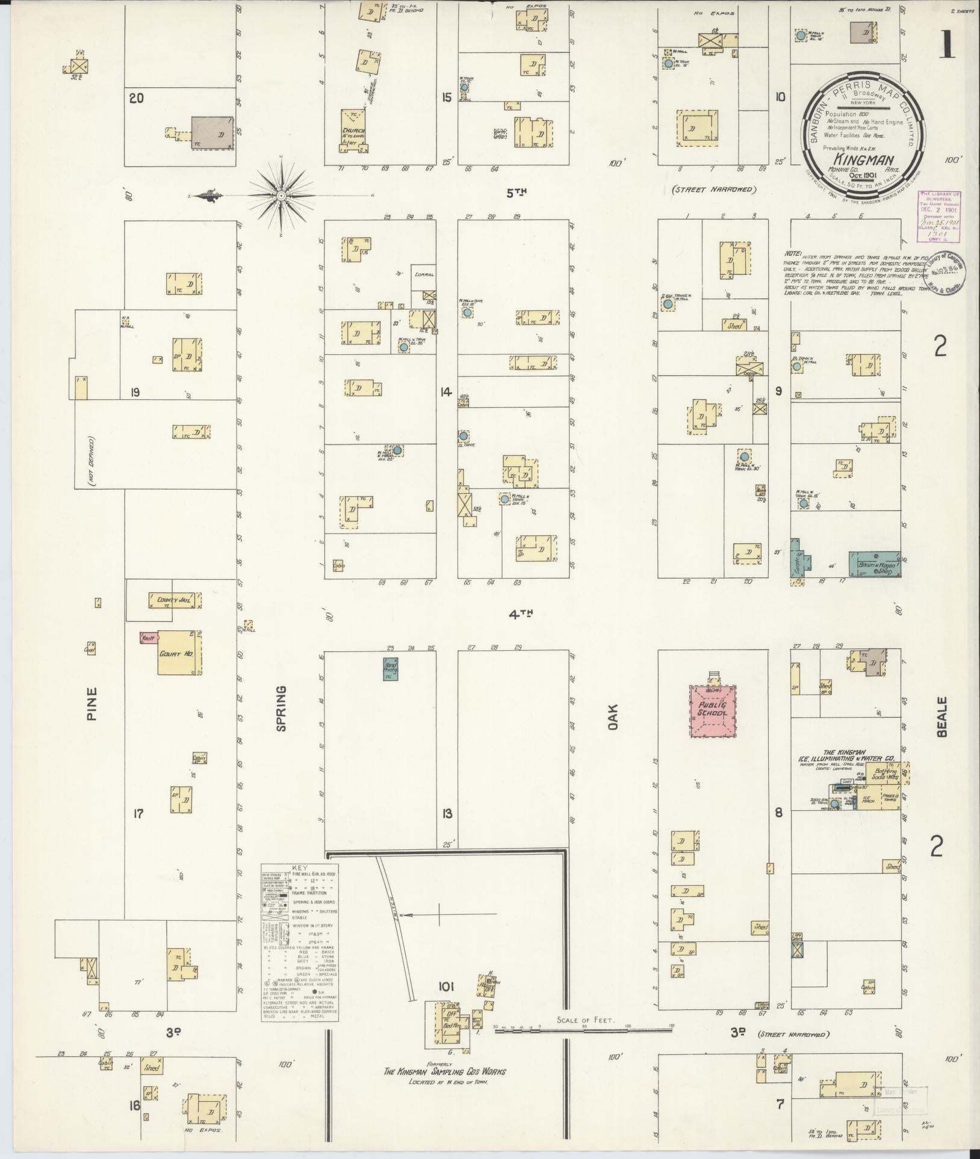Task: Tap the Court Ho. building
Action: click(x=179, y=653)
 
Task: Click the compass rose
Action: click(x=281, y=195)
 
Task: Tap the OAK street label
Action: click(x=613, y=717)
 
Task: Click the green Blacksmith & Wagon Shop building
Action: click(x=875, y=562)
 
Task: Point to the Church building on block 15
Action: click(x=355, y=130)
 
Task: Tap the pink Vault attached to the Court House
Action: click(x=147, y=636)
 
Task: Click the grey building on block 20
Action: click(x=212, y=131)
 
